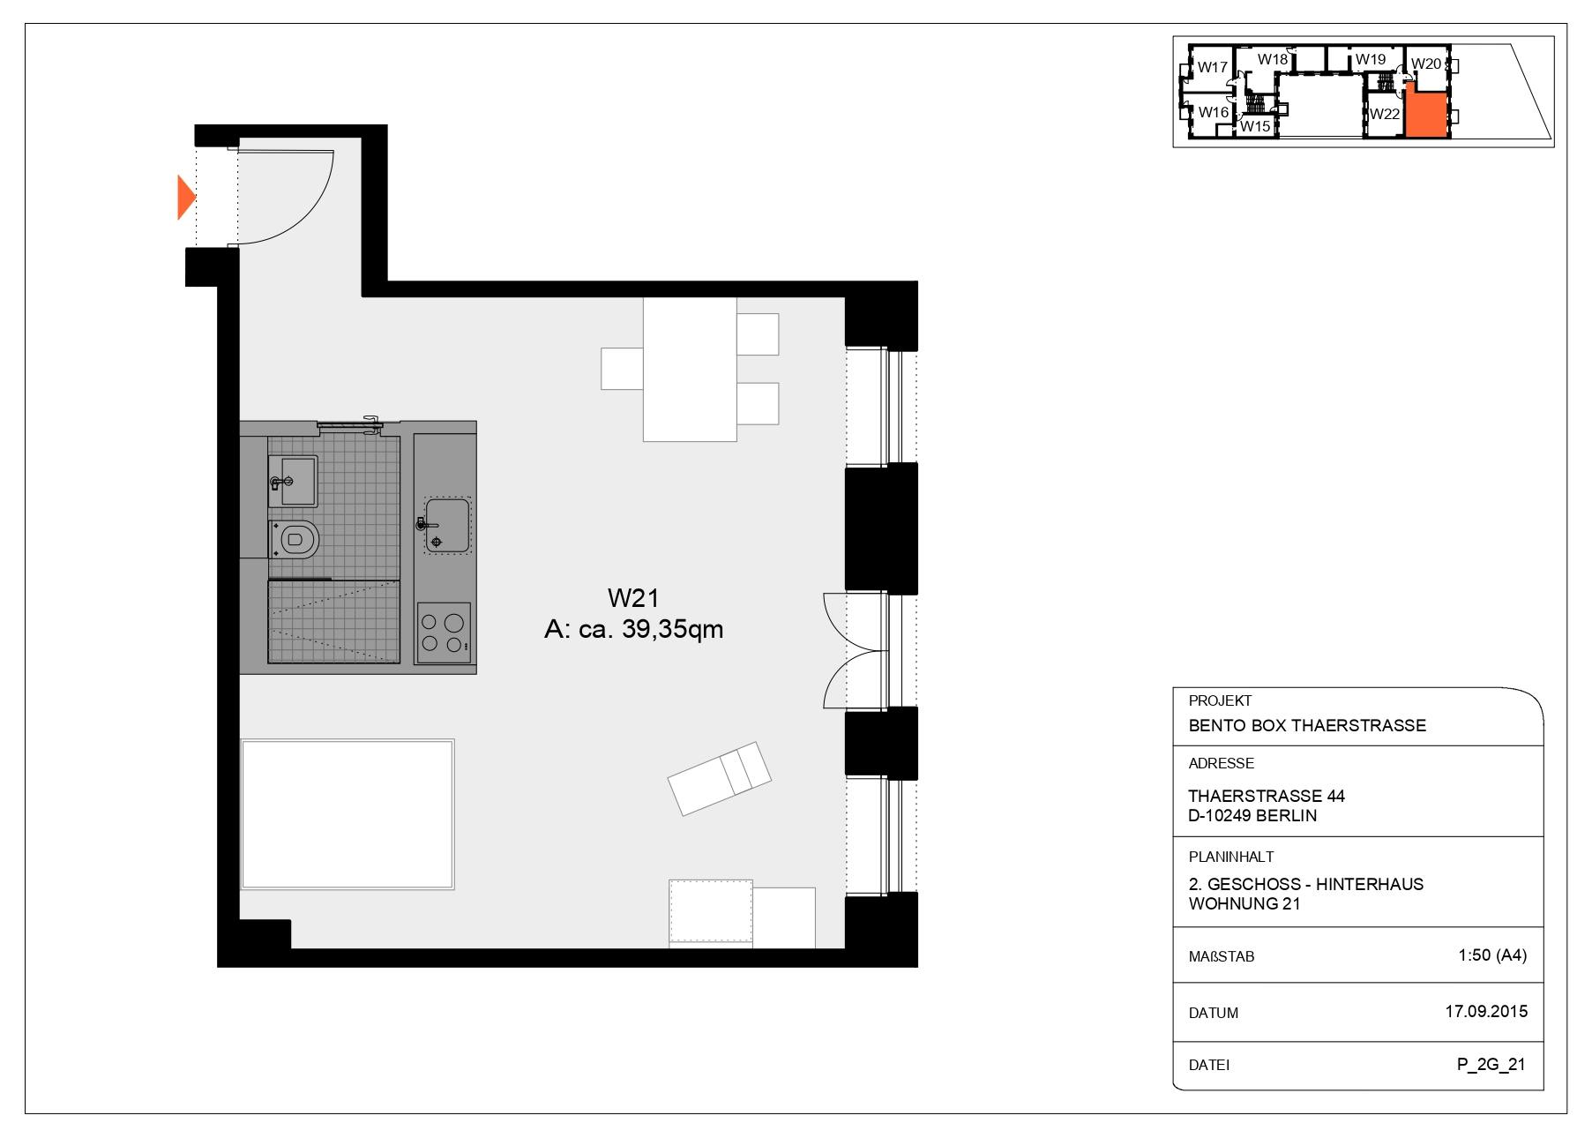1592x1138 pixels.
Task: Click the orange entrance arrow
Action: (x=185, y=198)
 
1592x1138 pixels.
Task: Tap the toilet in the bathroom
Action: (x=296, y=538)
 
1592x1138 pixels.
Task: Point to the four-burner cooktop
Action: (x=444, y=632)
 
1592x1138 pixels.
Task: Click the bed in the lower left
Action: (x=348, y=814)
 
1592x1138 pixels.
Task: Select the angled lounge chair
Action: (x=720, y=777)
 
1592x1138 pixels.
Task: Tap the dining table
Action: (x=689, y=370)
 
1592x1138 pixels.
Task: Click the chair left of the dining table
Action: (x=622, y=369)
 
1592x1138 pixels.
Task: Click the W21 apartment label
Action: (x=633, y=598)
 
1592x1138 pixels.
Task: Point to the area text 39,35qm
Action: (x=673, y=629)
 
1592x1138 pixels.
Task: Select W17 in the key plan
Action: (x=1213, y=68)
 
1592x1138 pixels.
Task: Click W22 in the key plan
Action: (x=1385, y=114)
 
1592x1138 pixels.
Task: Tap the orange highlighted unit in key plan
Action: (x=1426, y=115)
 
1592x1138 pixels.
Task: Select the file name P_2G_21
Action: (x=1491, y=1065)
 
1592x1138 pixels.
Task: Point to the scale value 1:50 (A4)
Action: (x=1492, y=955)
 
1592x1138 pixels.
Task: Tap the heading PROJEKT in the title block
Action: (x=1220, y=701)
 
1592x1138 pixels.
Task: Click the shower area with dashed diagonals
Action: (x=333, y=621)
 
